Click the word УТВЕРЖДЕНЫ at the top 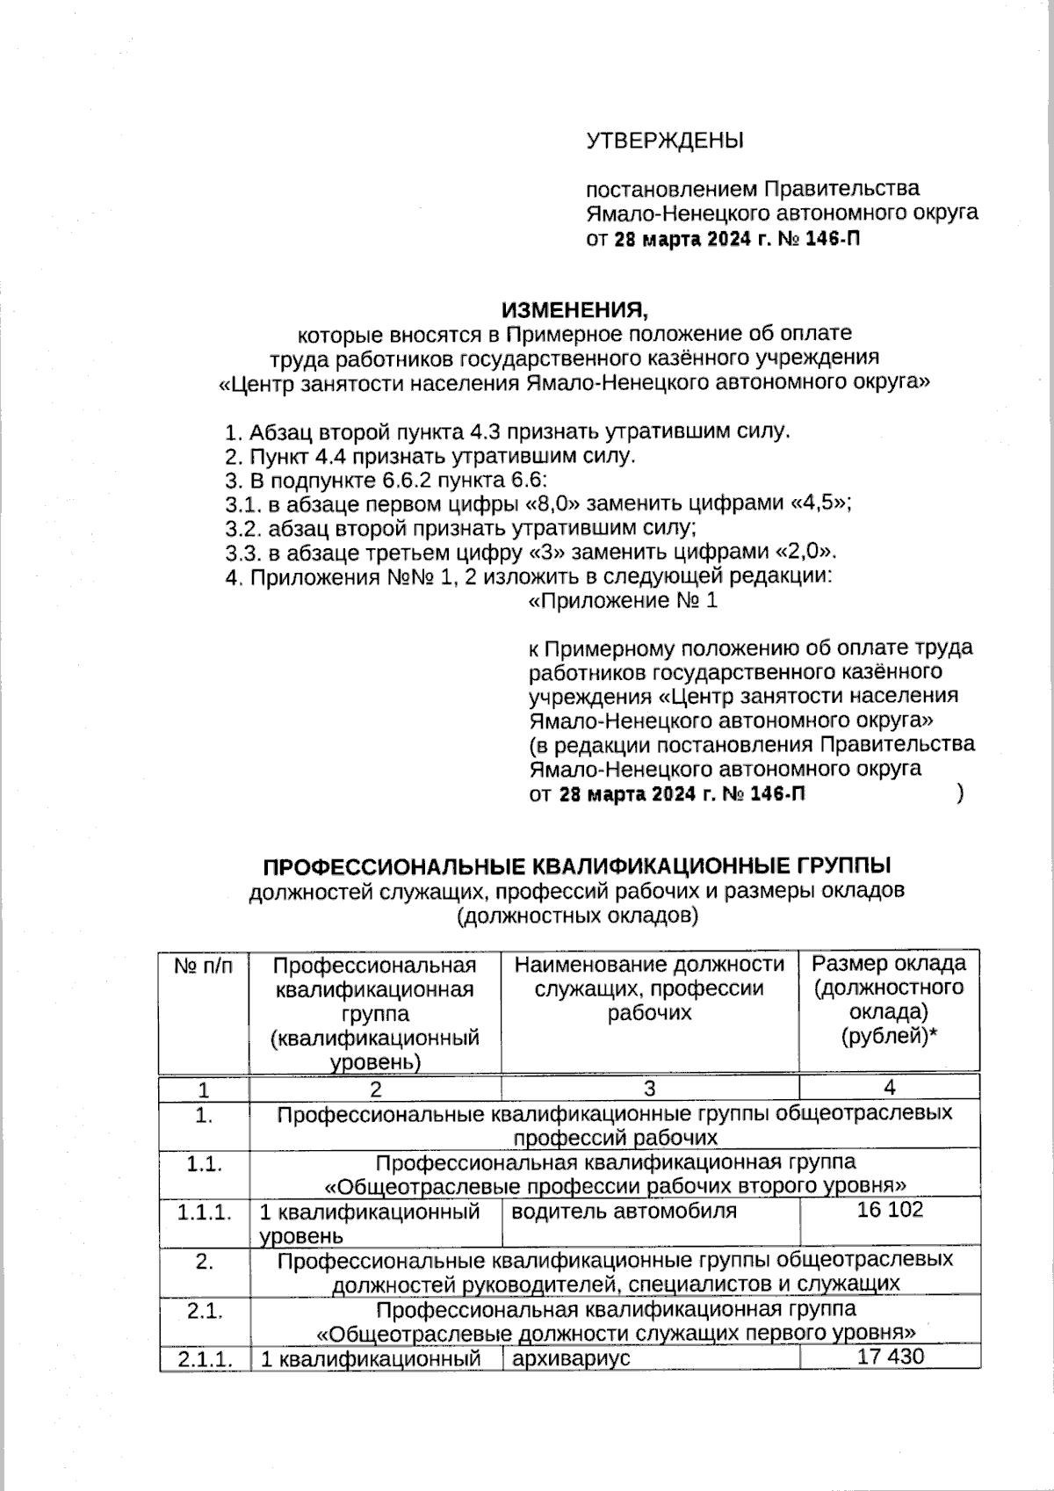[x=664, y=141]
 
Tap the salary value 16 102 [x=890, y=1210]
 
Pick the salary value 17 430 [x=890, y=1357]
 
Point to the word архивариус [x=571, y=1357]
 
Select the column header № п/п [x=204, y=966]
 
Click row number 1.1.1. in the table [x=204, y=1212]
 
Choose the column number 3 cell [x=649, y=1089]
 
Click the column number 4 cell [x=890, y=1088]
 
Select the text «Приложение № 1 [x=623, y=601]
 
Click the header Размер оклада [x=889, y=964]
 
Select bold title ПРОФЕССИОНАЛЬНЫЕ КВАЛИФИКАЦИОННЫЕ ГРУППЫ [x=577, y=865]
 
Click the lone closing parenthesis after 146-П [x=961, y=794]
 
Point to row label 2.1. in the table [x=204, y=1311]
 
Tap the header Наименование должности [x=649, y=965]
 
